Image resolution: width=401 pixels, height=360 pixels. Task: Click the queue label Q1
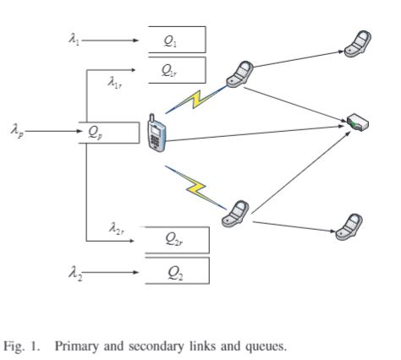[170, 41]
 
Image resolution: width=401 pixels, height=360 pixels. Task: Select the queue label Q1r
[169, 70]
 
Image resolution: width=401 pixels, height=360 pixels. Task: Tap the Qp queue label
[95, 133]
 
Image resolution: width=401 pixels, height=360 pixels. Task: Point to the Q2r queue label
[174, 239]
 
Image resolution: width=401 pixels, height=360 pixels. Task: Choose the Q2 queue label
[175, 273]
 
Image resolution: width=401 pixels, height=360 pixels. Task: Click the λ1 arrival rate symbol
[74, 39]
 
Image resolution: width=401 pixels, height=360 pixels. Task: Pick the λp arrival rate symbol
[17, 131]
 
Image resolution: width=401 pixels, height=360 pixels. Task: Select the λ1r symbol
[115, 82]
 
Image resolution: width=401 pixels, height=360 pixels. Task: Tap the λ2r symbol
[116, 228]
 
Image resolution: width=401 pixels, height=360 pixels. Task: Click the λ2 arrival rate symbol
[75, 273]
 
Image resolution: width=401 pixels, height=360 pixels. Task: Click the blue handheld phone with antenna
[157, 134]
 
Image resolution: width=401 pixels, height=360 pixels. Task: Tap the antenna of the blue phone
[152, 118]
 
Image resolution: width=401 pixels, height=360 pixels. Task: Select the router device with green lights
[358, 123]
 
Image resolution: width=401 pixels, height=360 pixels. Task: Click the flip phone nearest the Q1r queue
[239, 74]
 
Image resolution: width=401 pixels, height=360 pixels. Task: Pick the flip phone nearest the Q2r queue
[235, 214]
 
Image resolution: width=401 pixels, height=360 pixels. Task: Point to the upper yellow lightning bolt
[196, 100]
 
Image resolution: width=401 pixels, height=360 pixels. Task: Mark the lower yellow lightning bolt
[196, 188]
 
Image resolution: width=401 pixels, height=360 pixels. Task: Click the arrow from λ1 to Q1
[110, 41]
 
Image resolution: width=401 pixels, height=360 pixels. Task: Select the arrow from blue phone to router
[255, 134]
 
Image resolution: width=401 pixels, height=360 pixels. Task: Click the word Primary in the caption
[77, 346]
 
